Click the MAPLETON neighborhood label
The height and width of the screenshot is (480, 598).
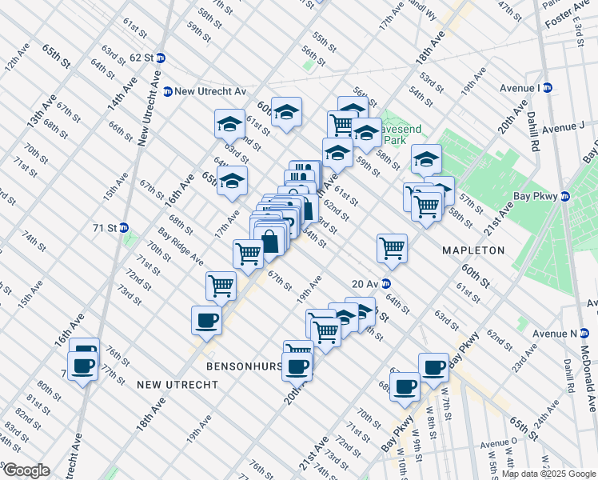point(474,250)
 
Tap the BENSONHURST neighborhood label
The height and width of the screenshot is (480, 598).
point(244,366)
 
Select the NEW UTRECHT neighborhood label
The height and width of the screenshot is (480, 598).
point(177,385)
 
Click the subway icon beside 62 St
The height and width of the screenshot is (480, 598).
point(160,58)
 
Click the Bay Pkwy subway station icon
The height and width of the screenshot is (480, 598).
point(564,196)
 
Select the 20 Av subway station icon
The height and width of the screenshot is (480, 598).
point(385,283)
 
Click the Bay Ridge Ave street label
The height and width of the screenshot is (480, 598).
point(180,246)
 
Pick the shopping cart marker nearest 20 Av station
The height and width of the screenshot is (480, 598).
point(392,249)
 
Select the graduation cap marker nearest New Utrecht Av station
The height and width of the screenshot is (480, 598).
point(229,124)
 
